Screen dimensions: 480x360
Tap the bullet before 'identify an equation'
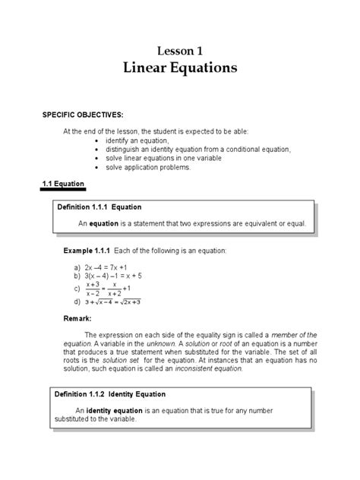(x=95, y=141)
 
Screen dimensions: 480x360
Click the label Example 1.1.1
(x=87, y=250)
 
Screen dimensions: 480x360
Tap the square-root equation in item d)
(x=113, y=302)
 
